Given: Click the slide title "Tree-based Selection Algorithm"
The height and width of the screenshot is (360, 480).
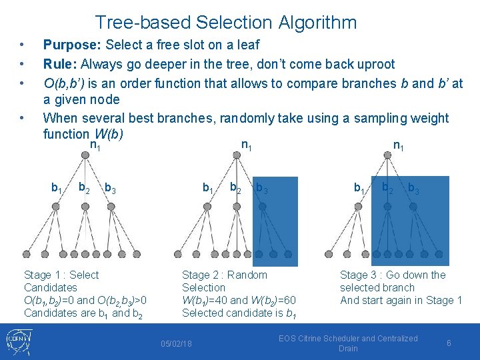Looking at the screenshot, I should pyautogui.click(x=226, y=23).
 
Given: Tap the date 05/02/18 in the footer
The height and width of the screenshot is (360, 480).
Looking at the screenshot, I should pyautogui.click(x=177, y=343).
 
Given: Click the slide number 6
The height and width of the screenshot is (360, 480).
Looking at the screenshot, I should pyautogui.click(x=449, y=343).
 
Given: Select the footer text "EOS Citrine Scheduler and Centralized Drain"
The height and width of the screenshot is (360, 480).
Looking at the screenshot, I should pyautogui.click(x=348, y=343).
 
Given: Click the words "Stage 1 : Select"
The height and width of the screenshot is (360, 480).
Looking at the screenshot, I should pyautogui.click(x=61, y=275).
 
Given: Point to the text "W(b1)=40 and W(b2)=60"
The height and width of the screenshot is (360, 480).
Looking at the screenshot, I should pyautogui.click(x=239, y=300).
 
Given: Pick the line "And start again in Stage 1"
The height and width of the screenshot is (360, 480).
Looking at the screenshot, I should pyautogui.click(x=401, y=300).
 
